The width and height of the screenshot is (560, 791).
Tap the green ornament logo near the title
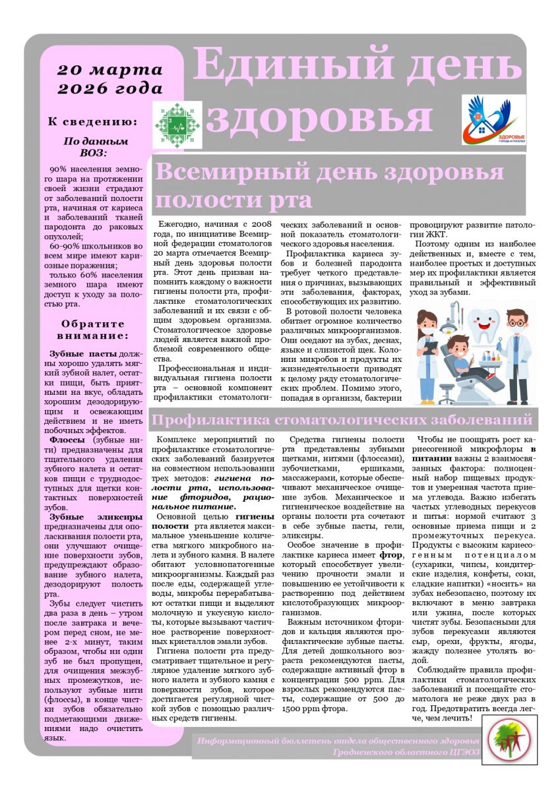[x=178, y=125]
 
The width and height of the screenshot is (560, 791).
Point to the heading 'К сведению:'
[x=93, y=121]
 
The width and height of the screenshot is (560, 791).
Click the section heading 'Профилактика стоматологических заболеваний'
[x=342, y=419]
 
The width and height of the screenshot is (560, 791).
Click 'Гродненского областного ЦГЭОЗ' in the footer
[x=406, y=751]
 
